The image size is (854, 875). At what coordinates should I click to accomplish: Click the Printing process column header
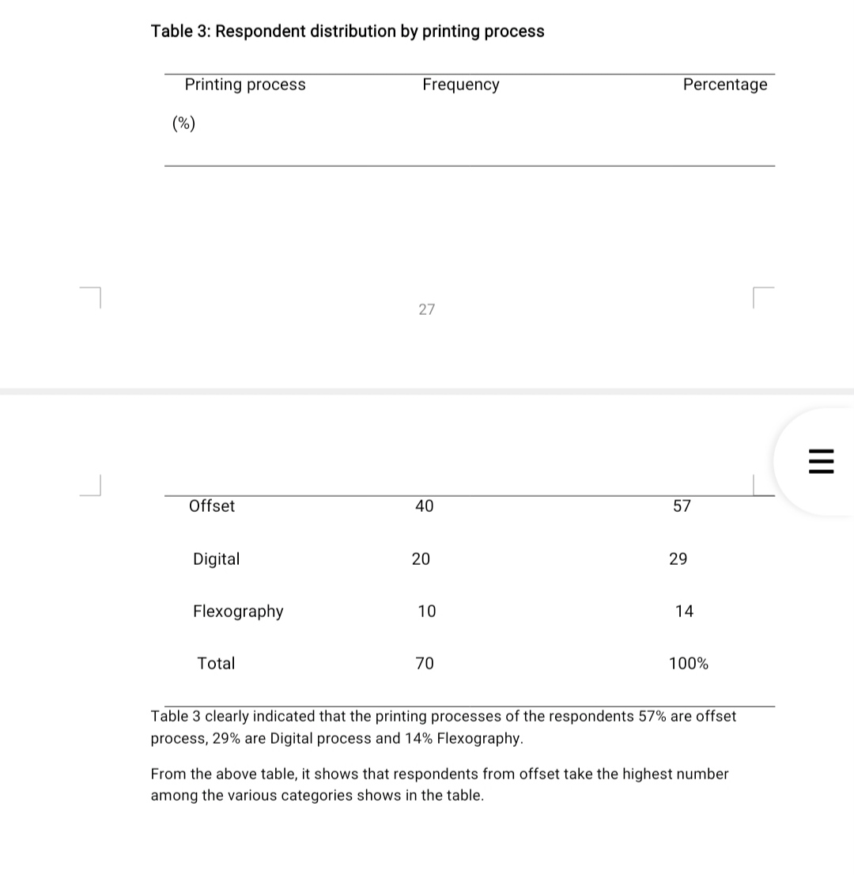click(245, 85)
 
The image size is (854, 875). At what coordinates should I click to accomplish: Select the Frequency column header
click(461, 85)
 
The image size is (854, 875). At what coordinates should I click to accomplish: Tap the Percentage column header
click(725, 85)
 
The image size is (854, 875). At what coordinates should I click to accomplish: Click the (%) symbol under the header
click(184, 123)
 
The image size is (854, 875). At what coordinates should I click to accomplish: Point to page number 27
click(427, 309)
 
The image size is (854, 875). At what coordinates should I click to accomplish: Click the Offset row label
click(212, 506)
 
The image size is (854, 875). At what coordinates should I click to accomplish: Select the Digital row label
click(216, 559)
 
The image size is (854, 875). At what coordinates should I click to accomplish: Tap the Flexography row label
click(238, 612)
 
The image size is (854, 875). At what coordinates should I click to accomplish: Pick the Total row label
click(216, 664)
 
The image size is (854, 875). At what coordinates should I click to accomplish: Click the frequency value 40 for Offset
click(425, 506)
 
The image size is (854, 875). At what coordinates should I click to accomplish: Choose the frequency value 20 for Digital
click(421, 559)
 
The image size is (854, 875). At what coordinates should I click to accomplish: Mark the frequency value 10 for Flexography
click(427, 612)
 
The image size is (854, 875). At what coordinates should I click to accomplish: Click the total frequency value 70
click(425, 664)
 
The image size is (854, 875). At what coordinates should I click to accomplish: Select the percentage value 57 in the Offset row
click(682, 506)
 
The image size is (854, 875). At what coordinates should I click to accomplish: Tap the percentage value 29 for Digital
click(678, 559)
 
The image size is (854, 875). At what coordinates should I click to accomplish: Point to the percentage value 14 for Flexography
click(685, 612)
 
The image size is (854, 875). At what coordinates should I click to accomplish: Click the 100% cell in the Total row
click(689, 664)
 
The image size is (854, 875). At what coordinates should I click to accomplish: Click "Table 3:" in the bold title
click(180, 32)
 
